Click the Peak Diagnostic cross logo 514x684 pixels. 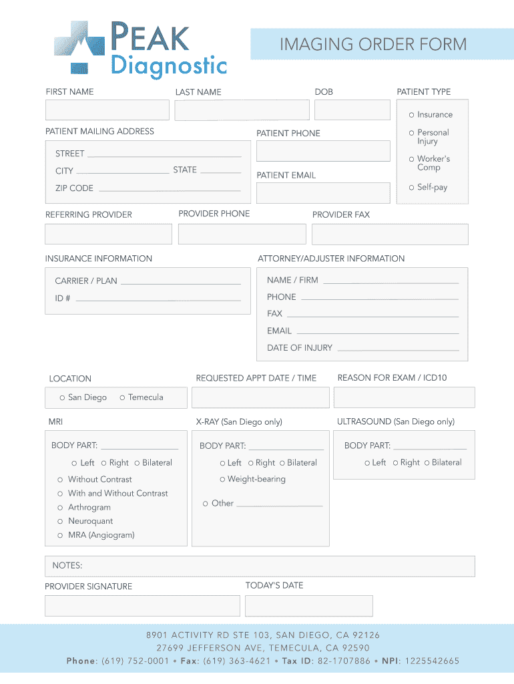79,47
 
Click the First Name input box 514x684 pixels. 107,110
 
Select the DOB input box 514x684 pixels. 352,110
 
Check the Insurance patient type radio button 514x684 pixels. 412,115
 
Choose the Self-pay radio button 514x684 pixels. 412,188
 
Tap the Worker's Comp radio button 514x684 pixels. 412,159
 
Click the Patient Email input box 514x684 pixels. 323,193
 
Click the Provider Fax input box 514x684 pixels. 390,234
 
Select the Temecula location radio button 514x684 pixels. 122,398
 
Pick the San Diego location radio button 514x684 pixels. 62,398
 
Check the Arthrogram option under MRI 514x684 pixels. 60,508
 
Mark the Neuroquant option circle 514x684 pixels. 60,522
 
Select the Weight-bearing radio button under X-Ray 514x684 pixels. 222,480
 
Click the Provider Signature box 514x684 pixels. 142,606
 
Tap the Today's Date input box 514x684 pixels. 308,606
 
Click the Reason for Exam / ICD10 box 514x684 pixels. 404,397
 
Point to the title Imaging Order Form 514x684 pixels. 373,45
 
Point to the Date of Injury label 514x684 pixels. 300,348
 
